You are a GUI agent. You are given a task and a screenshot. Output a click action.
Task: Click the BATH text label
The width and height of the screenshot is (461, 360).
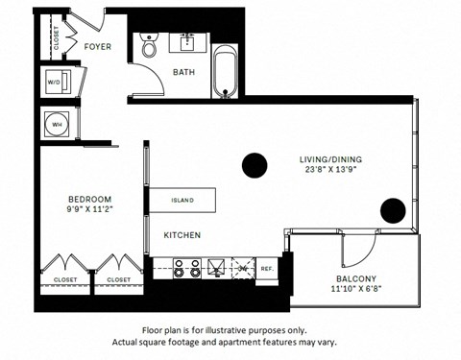(x=183, y=72)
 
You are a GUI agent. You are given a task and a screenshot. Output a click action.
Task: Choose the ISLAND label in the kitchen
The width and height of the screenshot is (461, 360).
(x=182, y=201)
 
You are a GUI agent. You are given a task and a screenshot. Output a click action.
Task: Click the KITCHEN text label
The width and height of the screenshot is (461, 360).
(x=181, y=234)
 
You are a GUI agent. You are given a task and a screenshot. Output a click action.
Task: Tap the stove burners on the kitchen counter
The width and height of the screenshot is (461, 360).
(x=186, y=269)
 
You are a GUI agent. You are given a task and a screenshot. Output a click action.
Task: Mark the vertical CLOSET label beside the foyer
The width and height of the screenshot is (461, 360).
(x=56, y=40)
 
